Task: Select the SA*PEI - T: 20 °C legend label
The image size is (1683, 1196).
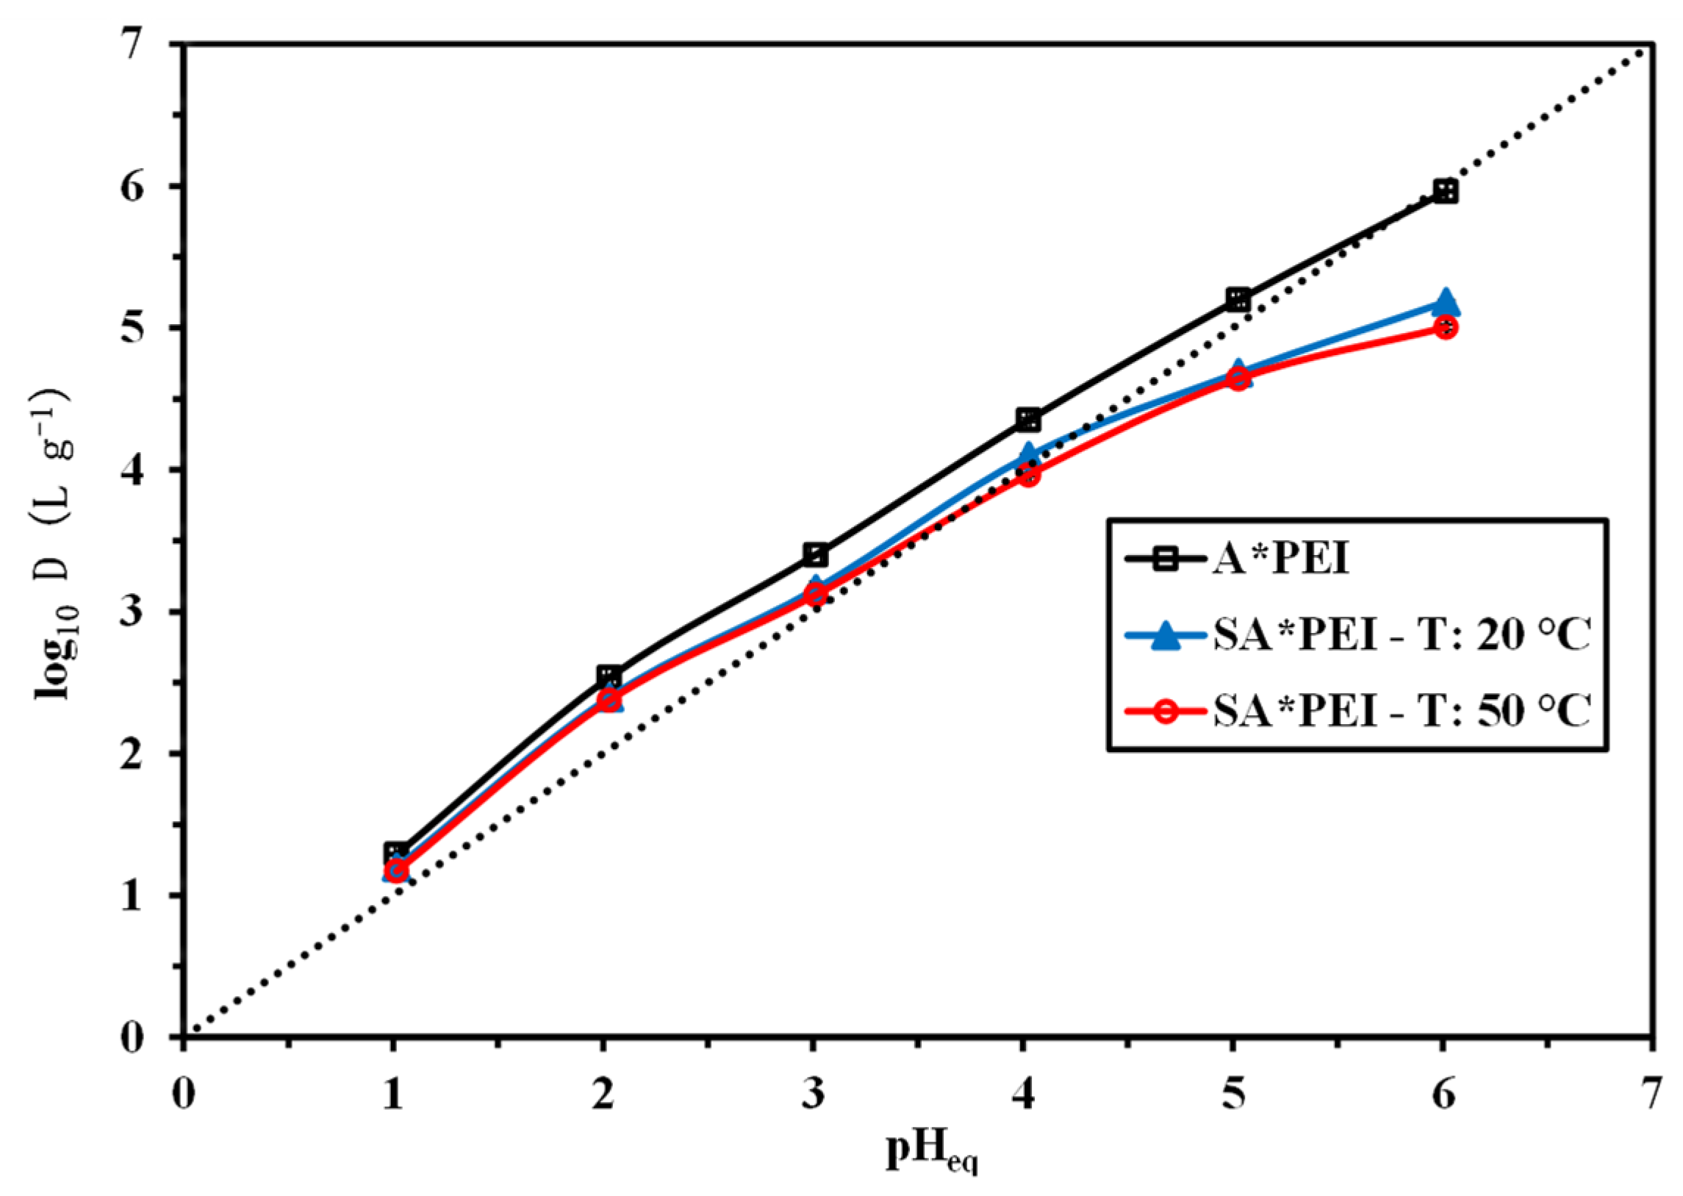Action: click(1402, 634)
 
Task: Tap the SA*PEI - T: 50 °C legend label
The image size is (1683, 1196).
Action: click(1402, 710)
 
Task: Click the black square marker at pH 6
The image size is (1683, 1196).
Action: click(1445, 193)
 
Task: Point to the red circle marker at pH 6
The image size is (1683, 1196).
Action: click(1445, 328)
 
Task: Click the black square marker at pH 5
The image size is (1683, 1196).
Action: click(1238, 300)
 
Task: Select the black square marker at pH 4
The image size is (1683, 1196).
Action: click(1028, 420)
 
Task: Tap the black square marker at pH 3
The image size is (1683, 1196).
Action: click(816, 554)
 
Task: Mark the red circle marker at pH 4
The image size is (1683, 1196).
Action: click(1028, 475)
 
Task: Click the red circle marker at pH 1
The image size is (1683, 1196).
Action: click(395, 870)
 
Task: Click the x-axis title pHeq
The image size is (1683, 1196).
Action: click(931, 1151)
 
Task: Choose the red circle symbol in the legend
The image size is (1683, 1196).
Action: click(1166, 712)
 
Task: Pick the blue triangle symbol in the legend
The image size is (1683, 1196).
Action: click(1166, 635)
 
